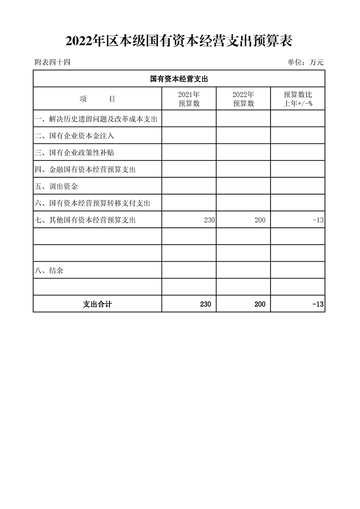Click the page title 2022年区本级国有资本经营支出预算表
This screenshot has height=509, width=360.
(x=179, y=41)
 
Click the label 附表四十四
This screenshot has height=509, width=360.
(x=52, y=63)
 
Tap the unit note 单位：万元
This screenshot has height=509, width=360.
(x=306, y=63)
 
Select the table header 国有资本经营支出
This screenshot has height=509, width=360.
(x=179, y=79)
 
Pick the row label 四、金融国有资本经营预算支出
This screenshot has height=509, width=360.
(x=85, y=170)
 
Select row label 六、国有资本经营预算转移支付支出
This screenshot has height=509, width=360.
(x=92, y=203)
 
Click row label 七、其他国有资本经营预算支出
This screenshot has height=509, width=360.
(x=85, y=220)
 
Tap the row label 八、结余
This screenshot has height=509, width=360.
(x=49, y=271)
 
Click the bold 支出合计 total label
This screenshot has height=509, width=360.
(x=97, y=304)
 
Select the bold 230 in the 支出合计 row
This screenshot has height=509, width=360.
(x=205, y=304)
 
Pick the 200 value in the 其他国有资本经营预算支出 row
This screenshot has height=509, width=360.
(x=260, y=220)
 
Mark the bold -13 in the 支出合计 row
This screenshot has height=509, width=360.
(x=318, y=304)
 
